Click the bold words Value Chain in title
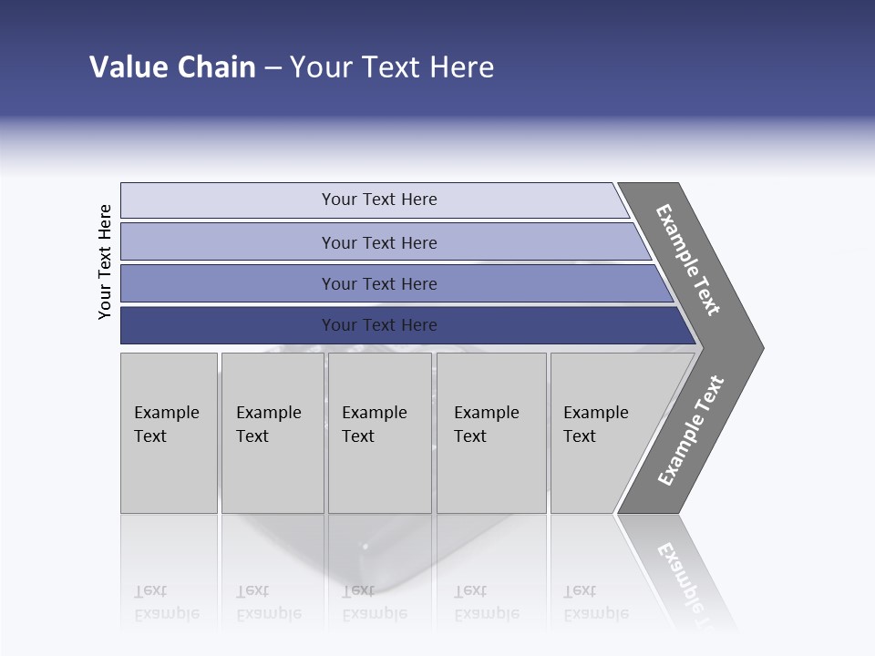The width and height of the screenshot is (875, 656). tap(172, 67)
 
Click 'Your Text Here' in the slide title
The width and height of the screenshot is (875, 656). tap(392, 67)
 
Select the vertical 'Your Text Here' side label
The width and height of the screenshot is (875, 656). tap(105, 261)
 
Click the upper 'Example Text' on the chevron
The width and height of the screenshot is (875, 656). tap(688, 260)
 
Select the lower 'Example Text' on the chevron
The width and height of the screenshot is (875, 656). tap(691, 431)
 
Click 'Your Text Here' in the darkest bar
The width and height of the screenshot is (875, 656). tap(379, 325)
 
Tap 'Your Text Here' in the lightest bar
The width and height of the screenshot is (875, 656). tap(379, 200)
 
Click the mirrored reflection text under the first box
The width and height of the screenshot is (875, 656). tap(166, 602)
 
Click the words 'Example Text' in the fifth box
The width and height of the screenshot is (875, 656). tap(595, 425)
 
